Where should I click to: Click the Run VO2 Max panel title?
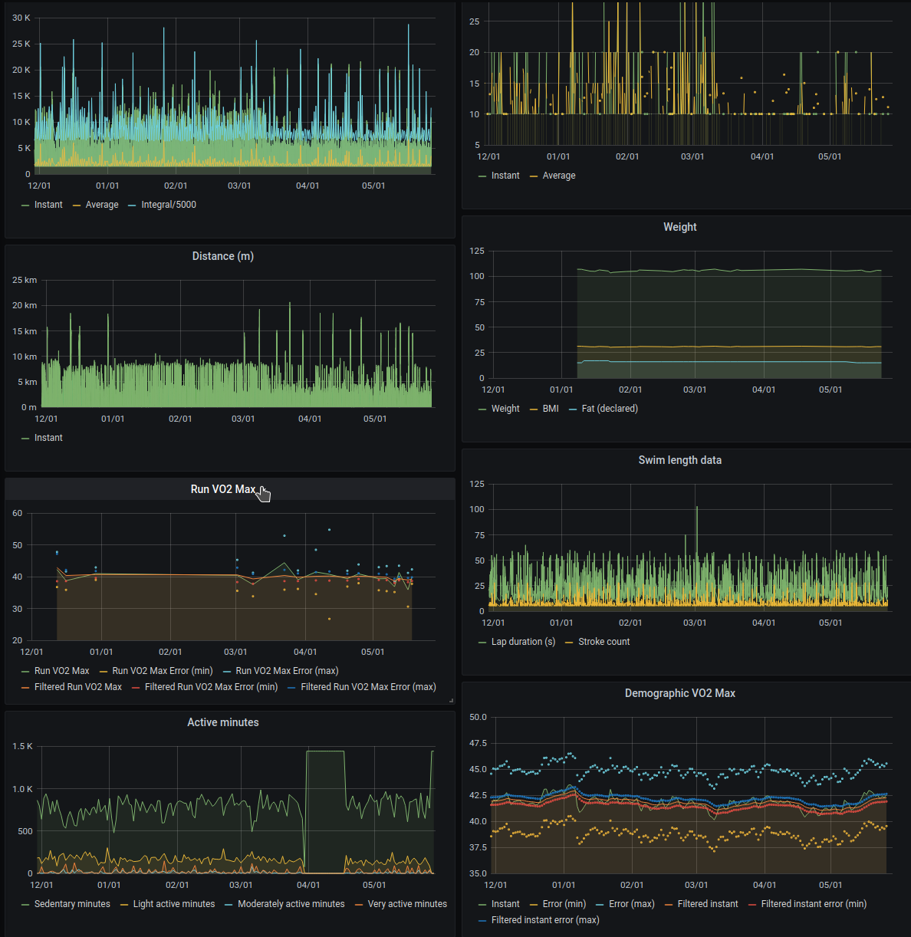[x=222, y=489]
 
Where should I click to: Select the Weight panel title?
[x=679, y=227]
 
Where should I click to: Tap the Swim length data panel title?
[x=679, y=460]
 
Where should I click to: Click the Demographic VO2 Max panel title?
[x=679, y=693]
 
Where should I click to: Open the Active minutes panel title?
[x=222, y=722]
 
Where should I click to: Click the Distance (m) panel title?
[x=222, y=256]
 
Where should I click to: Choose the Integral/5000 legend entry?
[x=168, y=205]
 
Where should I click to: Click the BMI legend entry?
[x=550, y=409]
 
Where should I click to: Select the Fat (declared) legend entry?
[x=609, y=409]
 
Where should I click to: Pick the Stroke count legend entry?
[x=603, y=642]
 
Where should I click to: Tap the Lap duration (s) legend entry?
[x=522, y=642]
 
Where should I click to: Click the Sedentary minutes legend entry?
[x=71, y=904]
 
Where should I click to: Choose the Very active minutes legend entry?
[x=406, y=904]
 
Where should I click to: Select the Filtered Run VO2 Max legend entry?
[x=77, y=687]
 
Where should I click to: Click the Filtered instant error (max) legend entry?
[x=544, y=920]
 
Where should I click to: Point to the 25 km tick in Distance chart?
[x=25, y=280]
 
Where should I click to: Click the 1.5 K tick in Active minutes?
[x=22, y=746]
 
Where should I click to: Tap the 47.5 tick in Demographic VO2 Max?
[x=478, y=743]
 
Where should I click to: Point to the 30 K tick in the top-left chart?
[x=21, y=18]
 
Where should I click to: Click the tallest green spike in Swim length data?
[x=696, y=508]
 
